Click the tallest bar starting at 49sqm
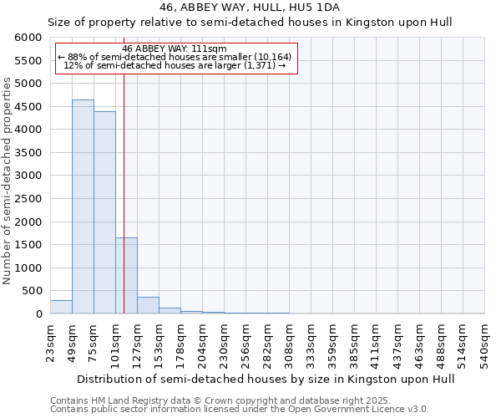(x=83, y=206)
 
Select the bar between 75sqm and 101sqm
(x=104, y=212)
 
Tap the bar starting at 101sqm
(x=126, y=275)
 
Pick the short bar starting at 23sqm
(x=61, y=307)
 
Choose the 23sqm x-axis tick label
(x=50, y=341)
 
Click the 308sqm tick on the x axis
(x=289, y=341)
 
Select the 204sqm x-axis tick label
(x=202, y=341)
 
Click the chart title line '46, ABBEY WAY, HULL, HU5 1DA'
(x=250, y=7)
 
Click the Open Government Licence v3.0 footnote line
(x=239, y=410)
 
